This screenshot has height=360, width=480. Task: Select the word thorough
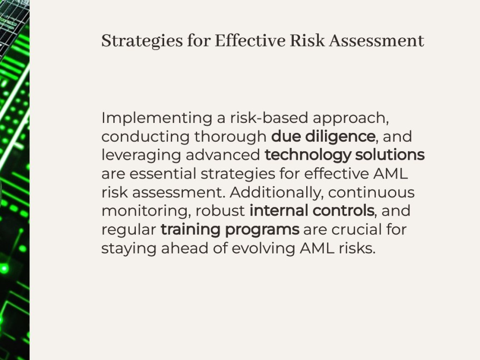coord(230,137)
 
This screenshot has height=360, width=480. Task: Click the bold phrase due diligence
coord(323,137)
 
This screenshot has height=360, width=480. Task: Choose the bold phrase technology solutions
coord(344,155)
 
